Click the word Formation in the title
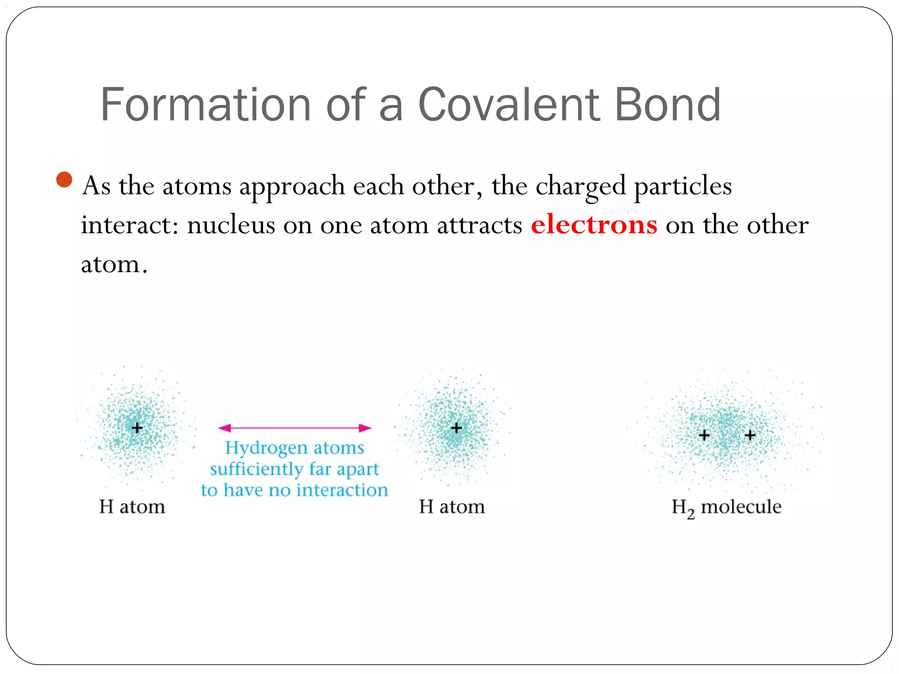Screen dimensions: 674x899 coord(205,105)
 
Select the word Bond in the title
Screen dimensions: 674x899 coord(668,105)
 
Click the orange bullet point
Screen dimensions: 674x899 coord(65,179)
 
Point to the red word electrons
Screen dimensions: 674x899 coord(594,225)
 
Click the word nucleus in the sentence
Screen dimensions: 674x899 coord(231,226)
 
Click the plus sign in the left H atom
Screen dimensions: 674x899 coord(137,427)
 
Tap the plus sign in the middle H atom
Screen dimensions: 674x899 coord(457,427)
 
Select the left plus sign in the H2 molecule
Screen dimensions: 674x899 coord(704,435)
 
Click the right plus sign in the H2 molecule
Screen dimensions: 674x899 coord(750,435)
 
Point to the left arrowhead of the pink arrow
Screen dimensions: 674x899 coord(225,428)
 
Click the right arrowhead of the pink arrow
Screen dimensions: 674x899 coord(365,428)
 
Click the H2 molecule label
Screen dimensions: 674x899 coord(726,507)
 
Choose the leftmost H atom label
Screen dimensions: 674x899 coord(132,507)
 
